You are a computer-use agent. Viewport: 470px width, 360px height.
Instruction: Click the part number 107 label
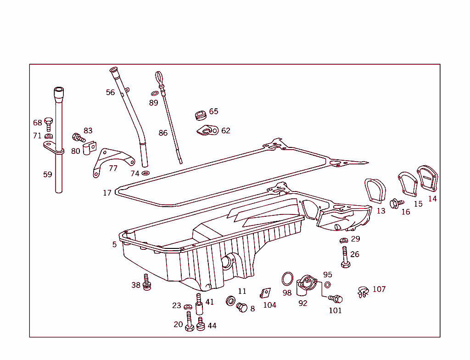pos(379,289)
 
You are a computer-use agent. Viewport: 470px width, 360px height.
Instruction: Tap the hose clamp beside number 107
pos(363,292)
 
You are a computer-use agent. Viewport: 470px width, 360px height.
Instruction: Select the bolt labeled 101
pos(336,299)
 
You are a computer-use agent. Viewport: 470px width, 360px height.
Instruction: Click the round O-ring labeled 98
pos(287,278)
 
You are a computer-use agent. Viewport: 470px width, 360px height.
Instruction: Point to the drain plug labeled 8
pos(242,307)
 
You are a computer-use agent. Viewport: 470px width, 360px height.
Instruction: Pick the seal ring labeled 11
pos(231,301)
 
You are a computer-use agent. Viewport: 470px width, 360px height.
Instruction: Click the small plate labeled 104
pos(265,293)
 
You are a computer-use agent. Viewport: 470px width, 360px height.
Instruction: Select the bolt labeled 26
pos(345,257)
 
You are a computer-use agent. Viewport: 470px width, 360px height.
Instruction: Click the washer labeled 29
pos(344,240)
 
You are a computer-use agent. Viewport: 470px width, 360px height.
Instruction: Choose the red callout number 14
pos(432,199)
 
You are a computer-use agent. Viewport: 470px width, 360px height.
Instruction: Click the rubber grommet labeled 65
pos(200,115)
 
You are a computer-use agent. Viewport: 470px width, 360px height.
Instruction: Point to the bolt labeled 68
pos(49,124)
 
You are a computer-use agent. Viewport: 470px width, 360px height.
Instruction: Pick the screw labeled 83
pos(78,137)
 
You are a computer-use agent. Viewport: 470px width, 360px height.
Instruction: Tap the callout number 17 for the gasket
pos(107,193)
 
